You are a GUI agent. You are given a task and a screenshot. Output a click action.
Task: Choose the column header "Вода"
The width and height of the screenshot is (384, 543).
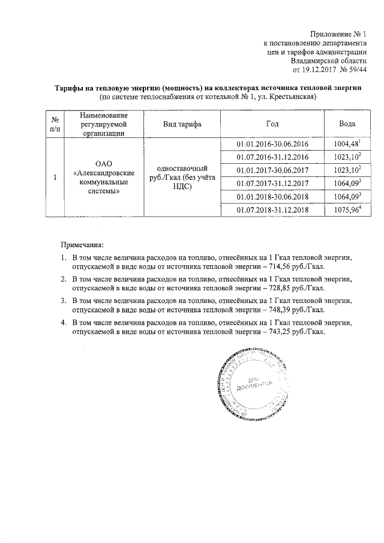pyautogui.click(x=347, y=124)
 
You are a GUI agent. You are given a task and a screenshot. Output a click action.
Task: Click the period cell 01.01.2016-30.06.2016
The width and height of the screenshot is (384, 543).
pyautogui.click(x=272, y=145)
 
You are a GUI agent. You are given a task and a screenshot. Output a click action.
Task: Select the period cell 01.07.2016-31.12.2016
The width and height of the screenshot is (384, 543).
pyautogui.click(x=272, y=158)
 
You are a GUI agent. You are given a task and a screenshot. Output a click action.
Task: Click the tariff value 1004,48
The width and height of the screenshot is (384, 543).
pyautogui.click(x=346, y=145)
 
